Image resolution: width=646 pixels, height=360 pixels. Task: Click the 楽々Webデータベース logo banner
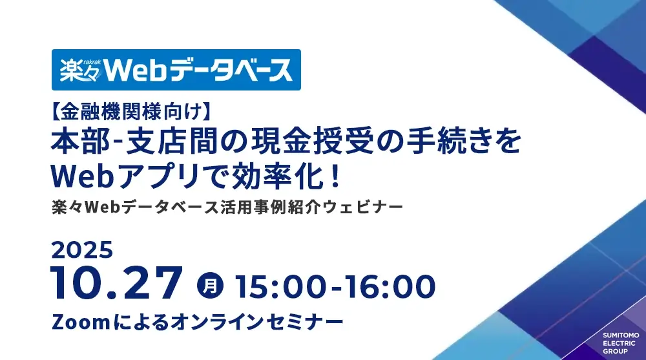coord(176,70)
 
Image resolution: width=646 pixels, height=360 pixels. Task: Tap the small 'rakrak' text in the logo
coord(92,62)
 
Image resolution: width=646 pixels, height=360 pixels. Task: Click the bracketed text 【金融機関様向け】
coord(131,112)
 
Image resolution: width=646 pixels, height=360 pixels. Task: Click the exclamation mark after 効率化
coord(336,177)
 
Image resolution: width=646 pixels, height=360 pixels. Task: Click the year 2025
coord(82,250)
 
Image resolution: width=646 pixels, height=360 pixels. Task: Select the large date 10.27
coord(116,283)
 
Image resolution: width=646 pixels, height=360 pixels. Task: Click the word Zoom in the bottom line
coord(81,322)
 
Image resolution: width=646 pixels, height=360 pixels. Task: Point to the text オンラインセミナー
coord(256,322)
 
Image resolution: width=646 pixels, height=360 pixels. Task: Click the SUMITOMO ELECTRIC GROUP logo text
coord(621,343)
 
